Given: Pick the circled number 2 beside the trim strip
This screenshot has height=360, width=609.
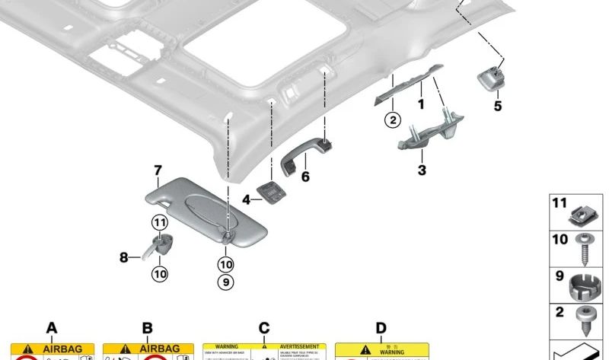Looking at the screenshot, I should point(393,119).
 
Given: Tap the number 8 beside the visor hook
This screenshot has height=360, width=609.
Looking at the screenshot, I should point(124,257).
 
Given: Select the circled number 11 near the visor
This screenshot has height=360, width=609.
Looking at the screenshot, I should point(158,223).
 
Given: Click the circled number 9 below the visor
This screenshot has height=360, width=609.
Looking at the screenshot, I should point(226,282).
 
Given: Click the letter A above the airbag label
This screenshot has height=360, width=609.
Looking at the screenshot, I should point(52,328).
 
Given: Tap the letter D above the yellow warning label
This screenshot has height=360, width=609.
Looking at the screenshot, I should point(381,328).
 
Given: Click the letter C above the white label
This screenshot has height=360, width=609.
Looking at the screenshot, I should point(263,328).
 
